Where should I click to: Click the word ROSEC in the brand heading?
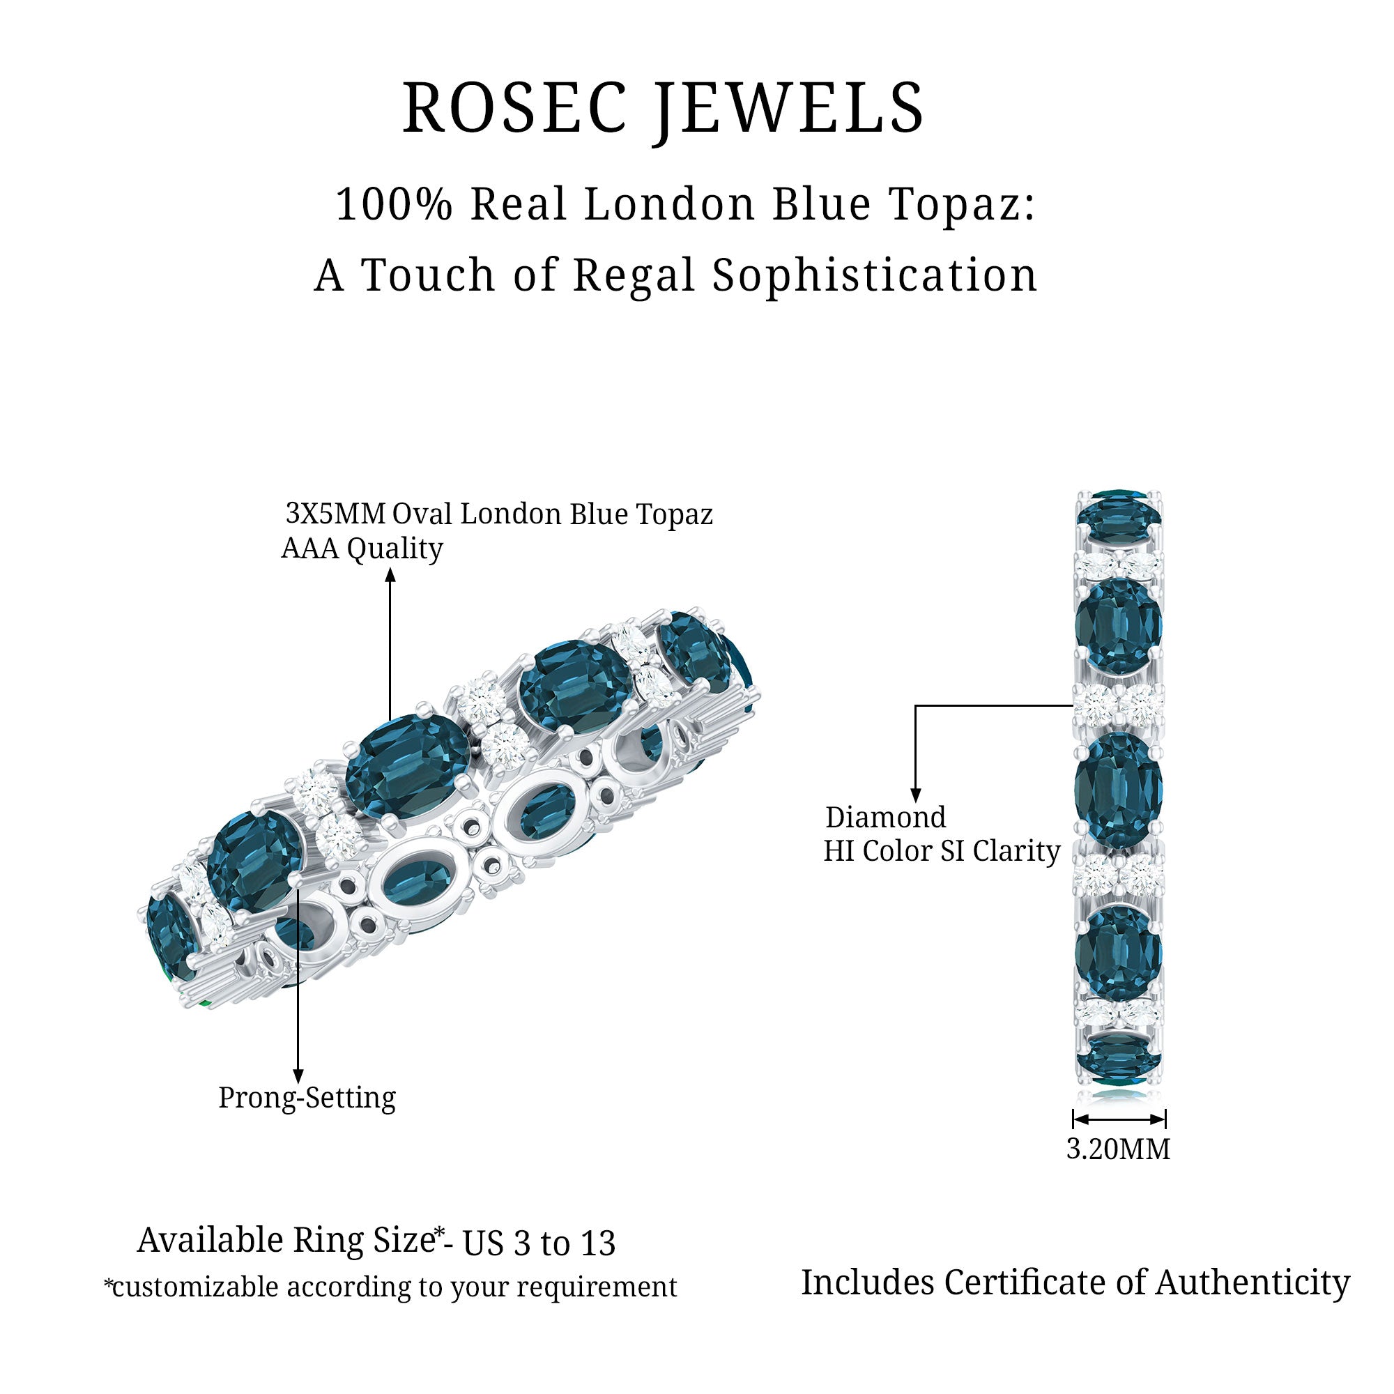click(514, 108)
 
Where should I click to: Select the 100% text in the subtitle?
click(394, 204)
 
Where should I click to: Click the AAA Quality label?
click(362, 549)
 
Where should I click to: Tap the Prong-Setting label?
click(307, 1098)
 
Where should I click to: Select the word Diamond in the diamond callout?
click(884, 818)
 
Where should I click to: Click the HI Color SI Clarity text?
click(942, 852)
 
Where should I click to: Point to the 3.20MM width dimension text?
click(1118, 1149)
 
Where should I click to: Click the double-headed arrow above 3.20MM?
click(1119, 1119)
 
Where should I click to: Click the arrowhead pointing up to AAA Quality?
click(390, 575)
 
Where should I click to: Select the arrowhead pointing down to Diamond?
click(916, 795)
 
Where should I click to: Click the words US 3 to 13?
click(538, 1243)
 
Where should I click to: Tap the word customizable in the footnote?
click(195, 1287)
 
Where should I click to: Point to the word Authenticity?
click(1253, 1282)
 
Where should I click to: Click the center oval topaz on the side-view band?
click(1118, 790)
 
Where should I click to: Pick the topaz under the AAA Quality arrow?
click(407, 766)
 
